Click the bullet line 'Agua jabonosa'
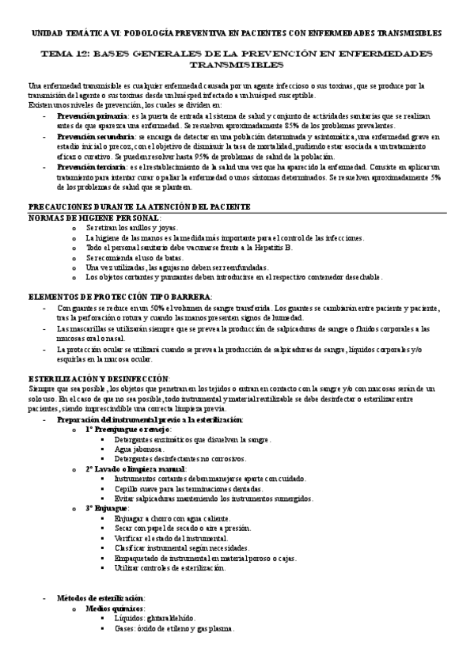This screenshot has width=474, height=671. (141, 449)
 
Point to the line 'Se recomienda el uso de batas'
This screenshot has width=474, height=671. (135, 257)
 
